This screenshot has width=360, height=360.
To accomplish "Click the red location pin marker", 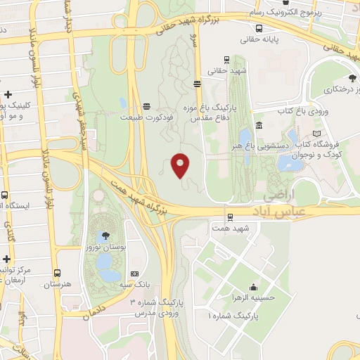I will point(181,165).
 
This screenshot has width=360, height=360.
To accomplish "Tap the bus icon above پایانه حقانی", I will point(259,29).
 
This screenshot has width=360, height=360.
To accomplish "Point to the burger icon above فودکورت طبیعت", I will point(146,106).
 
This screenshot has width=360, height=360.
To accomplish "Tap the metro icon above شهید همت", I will point(230,217).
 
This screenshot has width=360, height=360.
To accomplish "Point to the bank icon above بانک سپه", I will point(135,274).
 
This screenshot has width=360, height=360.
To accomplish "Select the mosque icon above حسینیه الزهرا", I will point(252,287).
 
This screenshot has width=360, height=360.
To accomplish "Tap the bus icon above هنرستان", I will point(57,273).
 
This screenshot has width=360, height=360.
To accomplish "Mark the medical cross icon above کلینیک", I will point(8,94).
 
